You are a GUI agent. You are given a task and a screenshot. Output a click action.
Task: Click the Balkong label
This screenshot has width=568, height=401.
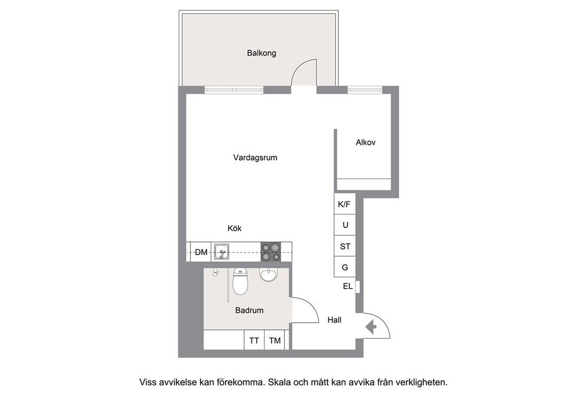[x=262, y=53]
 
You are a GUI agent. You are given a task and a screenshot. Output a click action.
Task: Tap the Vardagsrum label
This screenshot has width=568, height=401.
[x=255, y=157]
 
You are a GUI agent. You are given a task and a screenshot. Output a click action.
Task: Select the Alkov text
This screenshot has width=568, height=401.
[x=365, y=142]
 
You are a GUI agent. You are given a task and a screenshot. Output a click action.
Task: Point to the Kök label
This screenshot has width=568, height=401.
[x=234, y=228]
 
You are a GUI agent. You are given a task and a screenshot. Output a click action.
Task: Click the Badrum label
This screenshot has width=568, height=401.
[x=249, y=310]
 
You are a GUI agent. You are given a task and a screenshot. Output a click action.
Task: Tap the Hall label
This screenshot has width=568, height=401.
[x=334, y=320]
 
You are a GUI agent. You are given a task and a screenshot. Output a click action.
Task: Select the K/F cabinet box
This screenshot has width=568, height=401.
[x=345, y=204]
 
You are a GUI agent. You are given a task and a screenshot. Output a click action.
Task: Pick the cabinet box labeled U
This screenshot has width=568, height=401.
[x=345, y=225]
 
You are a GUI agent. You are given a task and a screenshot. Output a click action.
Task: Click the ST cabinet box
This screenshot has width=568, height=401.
[x=345, y=246]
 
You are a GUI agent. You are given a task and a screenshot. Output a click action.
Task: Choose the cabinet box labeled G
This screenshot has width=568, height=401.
[x=345, y=267]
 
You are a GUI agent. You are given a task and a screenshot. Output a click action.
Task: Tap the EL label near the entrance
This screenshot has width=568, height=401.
[x=348, y=287]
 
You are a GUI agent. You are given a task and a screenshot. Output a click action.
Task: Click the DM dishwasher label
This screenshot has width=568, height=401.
[x=201, y=252]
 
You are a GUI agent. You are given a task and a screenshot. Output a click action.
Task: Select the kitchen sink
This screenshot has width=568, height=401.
[x=221, y=252]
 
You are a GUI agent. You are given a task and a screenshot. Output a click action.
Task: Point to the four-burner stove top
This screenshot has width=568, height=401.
[x=271, y=252]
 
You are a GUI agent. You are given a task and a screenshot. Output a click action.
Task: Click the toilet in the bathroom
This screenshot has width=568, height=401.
[x=240, y=281]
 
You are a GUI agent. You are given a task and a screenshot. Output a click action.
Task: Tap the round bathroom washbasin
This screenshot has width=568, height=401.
[x=269, y=275]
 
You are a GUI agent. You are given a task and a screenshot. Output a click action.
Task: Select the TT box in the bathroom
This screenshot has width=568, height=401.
[x=254, y=340]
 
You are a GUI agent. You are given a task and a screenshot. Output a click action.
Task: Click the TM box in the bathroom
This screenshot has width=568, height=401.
[x=275, y=340]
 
